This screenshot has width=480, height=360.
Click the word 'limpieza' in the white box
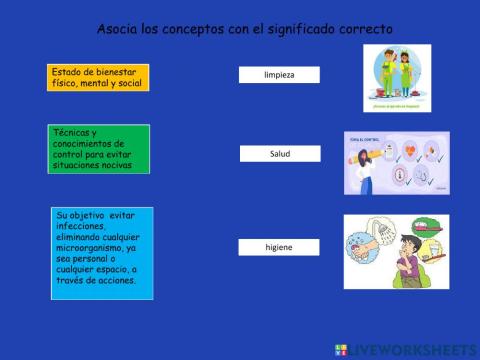click(279, 75)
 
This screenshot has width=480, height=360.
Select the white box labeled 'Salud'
click(279, 154)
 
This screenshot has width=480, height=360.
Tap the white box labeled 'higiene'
click(279, 247)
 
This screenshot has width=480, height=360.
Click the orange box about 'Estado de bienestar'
click(98, 77)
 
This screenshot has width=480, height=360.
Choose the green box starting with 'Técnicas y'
click(98, 149)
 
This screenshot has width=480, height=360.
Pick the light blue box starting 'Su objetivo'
click(102, 253)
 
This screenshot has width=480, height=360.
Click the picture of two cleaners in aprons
click(397, 78)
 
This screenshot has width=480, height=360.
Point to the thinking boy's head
click(412, 245)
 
